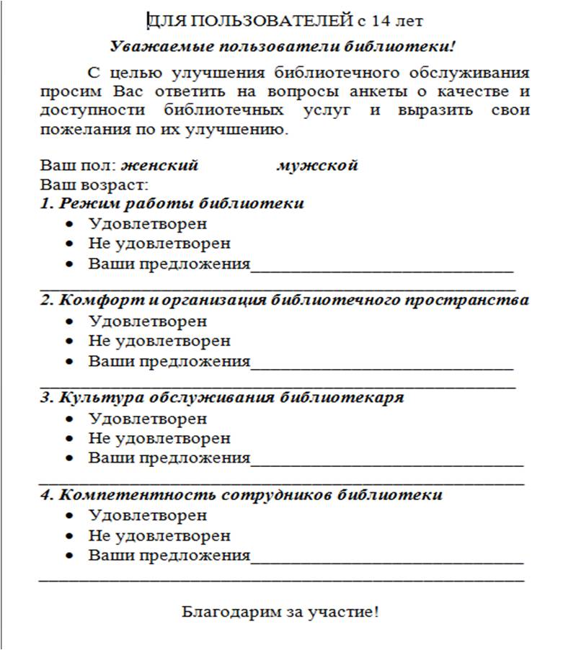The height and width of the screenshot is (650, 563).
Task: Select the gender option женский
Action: [159, 166]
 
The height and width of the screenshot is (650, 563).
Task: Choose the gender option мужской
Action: [317, 166]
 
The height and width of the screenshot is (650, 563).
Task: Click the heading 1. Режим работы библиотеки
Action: [172, 203]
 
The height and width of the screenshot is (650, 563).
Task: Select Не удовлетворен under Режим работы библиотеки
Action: [159, 244]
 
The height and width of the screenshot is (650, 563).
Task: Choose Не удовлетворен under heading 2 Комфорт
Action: [159, 340]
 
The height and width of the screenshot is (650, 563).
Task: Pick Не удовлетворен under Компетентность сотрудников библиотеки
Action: [159, 535]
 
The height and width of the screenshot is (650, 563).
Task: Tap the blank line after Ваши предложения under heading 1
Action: [382, 268]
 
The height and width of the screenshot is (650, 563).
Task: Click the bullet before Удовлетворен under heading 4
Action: [69, 516]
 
